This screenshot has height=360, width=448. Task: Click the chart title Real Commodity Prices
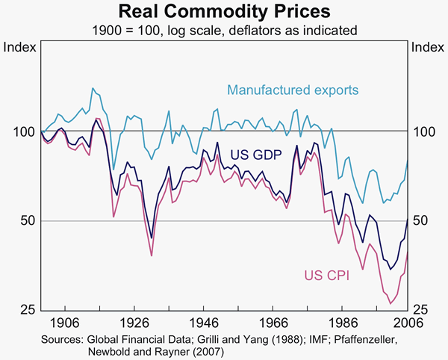point(224,12)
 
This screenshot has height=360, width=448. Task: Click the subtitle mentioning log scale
point(224,30)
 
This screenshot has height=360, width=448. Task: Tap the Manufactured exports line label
point(293,90)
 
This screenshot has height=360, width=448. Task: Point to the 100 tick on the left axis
point(25,132)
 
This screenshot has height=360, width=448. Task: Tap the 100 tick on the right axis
point(423,132)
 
